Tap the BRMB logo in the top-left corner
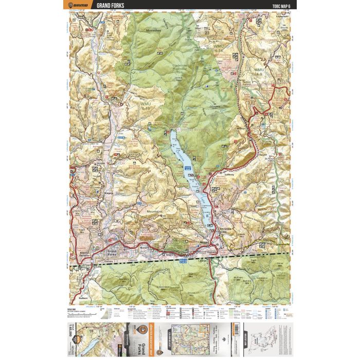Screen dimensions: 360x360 77,5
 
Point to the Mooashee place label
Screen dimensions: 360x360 154,31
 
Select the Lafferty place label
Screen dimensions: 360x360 229,175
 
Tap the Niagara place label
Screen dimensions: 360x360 109,193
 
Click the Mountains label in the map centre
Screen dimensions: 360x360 154,212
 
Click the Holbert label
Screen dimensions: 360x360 85,298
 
